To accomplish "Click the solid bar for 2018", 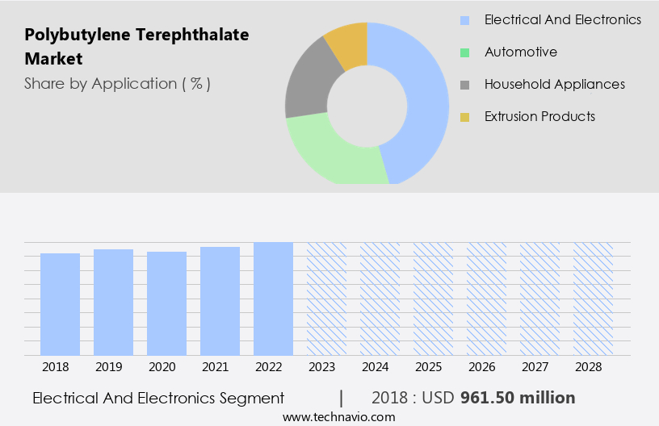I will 60,304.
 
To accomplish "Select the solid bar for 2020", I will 166,303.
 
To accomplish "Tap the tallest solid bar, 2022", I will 273,299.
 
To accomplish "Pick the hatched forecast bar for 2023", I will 326,299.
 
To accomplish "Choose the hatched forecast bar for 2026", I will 486,299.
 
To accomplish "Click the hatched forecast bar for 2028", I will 593,299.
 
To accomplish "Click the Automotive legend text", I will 521,52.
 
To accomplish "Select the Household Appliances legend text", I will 554,84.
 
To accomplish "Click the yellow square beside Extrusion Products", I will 464,117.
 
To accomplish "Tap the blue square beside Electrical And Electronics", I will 464,20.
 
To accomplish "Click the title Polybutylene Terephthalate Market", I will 136,47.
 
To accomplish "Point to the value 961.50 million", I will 518,398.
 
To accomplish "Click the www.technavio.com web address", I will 338,417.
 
